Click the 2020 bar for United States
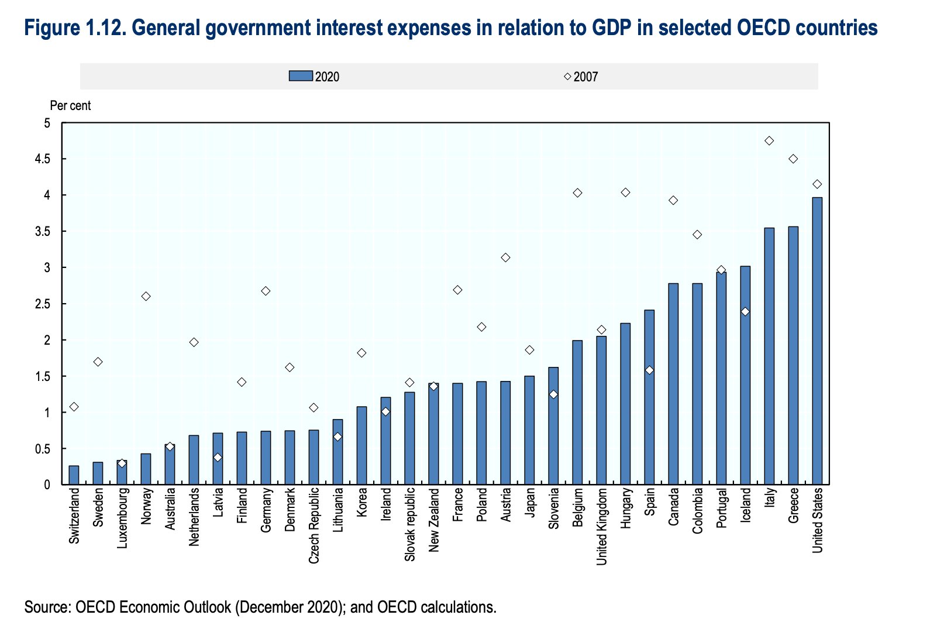(x=817, y=341)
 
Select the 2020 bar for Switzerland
(x=74, y=475)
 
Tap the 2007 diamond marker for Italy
(x=769, y=141)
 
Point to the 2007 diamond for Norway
(x=146, y=296)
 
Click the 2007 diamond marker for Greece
(x=793, y=159)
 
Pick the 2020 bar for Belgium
(x=577, y=413)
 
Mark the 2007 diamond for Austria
(x=505, y=257)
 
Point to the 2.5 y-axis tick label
(x=43, y=304)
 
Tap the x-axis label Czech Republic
(x=314, y=525)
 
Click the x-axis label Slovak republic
(x=410, y=524)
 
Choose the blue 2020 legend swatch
(x=301, y=76)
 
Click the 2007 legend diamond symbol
(x=567, y=76)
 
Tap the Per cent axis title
(x=70, y=106)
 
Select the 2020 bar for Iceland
(x=745, y=375)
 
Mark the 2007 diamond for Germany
(x=266, y=291)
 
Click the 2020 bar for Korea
(x=361, y=445)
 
